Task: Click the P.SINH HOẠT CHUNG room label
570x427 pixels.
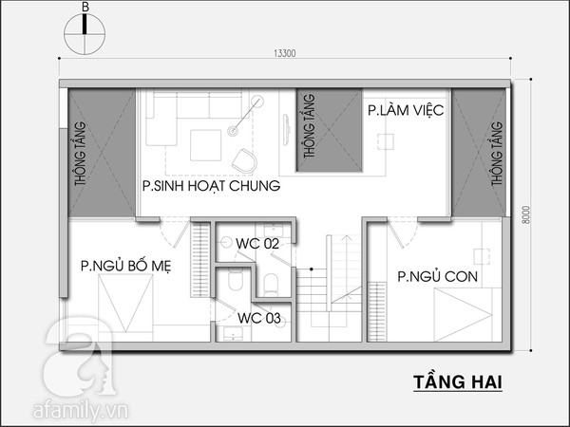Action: pos(211,186)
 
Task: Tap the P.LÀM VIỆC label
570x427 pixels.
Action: pos(406,110)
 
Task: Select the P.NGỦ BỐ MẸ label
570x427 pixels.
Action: pos(125,266)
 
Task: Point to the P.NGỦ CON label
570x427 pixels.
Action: pos(437,277)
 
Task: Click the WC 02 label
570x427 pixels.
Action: pos(257,244)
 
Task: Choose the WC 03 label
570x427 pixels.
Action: pos(259,318)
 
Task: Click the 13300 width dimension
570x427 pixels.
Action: pos(285,53)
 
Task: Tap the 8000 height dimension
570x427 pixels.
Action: pos(526,215)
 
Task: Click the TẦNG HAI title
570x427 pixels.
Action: pos(458,382)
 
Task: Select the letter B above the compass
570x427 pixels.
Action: pos(85,8)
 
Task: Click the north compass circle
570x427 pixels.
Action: pos(85,34)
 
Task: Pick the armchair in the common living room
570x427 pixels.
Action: pos(244,160)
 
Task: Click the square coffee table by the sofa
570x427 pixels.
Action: pos(206,145)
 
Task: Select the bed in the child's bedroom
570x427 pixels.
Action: pos(464,314)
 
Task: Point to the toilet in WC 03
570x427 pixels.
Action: pos(236,280)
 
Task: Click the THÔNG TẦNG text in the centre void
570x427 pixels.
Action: pos(309,126)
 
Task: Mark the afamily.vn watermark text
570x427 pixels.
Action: pos(81,410)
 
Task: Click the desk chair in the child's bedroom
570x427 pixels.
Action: pos(482,256)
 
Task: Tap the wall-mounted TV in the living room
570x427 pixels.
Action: pos(287,130)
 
